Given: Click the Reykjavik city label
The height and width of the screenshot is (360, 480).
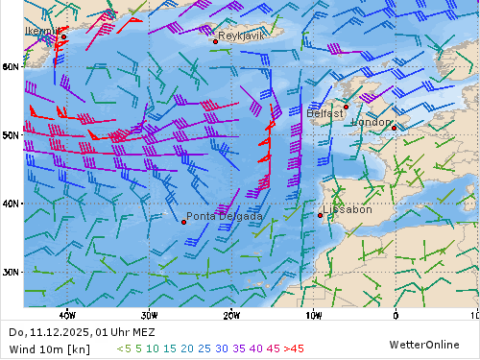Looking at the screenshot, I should (x=240, y=36).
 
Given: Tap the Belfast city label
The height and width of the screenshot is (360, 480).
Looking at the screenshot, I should (x=325, y=113).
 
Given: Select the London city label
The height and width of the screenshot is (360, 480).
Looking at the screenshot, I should (x=372, y=123).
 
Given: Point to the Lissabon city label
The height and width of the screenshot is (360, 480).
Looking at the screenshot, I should (x=348, y=209).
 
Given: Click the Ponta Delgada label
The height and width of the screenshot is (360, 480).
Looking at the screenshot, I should (x=224, y=217).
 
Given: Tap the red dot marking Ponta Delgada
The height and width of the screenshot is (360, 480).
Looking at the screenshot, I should (x=183, y=222).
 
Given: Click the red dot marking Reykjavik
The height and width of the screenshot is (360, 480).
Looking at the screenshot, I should (x=215, y=41).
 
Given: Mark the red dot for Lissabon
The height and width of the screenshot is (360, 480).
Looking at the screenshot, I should (x=320, y=215).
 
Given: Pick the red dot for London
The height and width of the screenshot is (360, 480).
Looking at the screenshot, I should (x=394, y=128).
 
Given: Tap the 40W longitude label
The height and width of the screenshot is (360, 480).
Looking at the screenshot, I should (x=66, y=314).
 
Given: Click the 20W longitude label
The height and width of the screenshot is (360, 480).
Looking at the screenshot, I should (x=230, y=314).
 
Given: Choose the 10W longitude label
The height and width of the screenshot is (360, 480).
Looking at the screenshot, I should (x=313, y=314).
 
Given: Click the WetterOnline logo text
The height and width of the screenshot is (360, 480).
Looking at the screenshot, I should (x=424, y=344).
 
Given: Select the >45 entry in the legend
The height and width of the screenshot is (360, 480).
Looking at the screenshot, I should (x=294, y=348).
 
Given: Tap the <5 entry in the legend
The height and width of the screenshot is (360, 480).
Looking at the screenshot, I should (x=124, y=348).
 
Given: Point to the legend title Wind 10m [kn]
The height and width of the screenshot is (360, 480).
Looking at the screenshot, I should (x=49, y=348).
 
